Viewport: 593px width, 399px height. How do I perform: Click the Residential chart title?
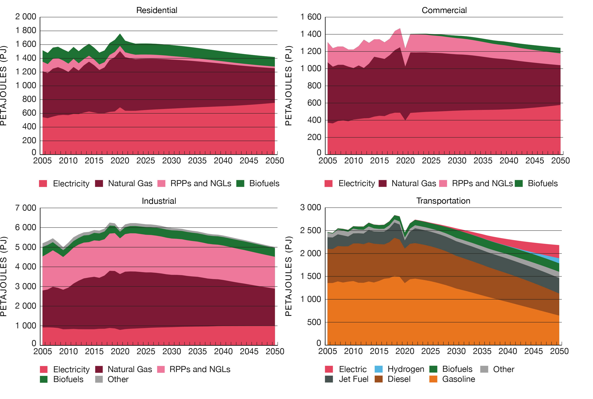[157, 10]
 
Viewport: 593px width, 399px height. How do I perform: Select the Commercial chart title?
[444, 10]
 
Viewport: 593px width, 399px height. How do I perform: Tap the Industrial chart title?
[159, 201]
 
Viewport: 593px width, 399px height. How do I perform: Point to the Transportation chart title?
[443, 201]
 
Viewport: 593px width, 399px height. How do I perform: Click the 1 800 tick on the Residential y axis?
[26, 30]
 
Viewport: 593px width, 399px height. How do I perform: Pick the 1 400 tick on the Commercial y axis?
[311, 34]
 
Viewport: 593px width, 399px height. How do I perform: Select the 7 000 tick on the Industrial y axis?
[26, 208]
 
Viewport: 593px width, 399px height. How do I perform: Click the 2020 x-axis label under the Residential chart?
[120, 161]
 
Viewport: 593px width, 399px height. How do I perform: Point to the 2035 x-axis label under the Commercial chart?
[483, 161]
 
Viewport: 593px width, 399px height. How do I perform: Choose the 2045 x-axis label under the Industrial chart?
[249, 351]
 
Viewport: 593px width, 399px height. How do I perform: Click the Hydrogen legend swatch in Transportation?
[379, 369]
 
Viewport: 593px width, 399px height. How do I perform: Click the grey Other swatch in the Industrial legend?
[99, 379]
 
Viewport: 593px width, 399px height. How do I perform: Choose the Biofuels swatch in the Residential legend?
[240, 184]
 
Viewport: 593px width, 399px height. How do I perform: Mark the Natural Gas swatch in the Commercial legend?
[383, 184]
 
